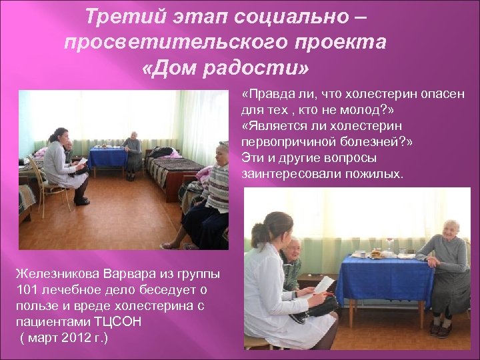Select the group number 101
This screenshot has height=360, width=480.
point(25,289)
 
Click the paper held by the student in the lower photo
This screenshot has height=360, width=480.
point(324,285)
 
